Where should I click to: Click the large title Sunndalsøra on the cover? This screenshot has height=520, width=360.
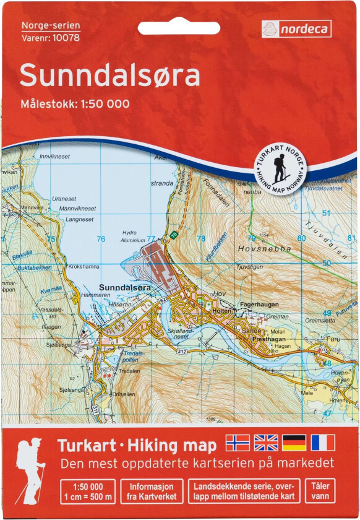[110, 76]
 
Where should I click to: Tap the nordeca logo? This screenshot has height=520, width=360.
[296, 28]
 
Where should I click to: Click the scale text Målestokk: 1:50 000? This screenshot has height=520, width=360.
[75, 104]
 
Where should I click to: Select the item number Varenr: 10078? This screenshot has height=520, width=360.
[49, 37]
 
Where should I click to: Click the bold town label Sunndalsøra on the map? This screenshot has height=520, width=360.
[126, 287]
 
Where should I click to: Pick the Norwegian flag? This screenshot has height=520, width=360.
[238, 442]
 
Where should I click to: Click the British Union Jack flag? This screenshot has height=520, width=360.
[266, 442]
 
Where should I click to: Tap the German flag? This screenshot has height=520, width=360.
[294, 442]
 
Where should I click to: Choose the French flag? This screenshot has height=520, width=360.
[323, 442]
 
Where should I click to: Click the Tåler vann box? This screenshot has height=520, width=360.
[319, 490]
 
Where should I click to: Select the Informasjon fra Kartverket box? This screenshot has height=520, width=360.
[152, 490]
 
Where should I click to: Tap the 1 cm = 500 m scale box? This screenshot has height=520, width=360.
[87, 490]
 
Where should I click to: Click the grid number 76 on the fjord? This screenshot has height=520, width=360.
[101, 239]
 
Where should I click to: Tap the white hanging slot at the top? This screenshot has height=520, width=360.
[179, 28]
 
